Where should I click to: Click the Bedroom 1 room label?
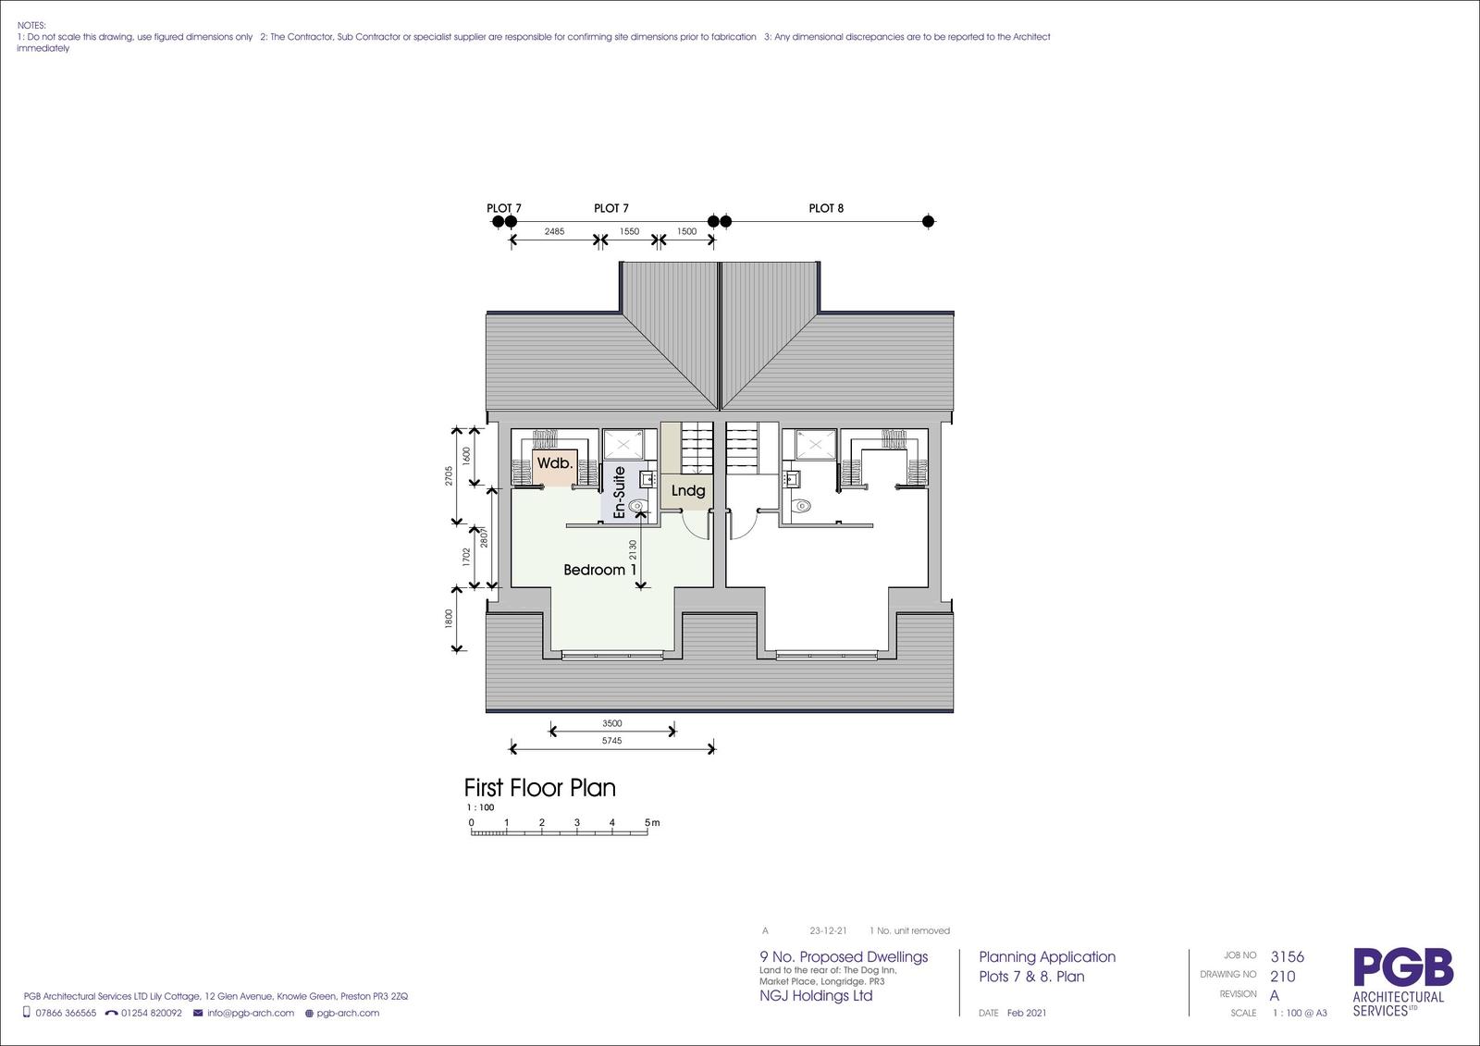[x=600, y=570]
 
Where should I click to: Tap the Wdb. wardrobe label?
[x=554, y=463]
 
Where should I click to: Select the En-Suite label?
[x=619, y=492]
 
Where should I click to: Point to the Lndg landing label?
[x=688, y=491]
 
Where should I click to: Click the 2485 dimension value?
[x=554, y=231]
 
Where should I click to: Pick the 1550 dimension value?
[x=629, y=231]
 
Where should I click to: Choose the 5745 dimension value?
[x=611, y=741]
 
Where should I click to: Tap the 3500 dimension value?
[x=611, y=723]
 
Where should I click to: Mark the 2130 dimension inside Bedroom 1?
[x=633, y=549]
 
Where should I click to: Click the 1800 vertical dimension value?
[x=449, y=619]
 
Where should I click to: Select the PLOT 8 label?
[x=826, y=208]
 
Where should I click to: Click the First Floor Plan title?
[x=540, y=788]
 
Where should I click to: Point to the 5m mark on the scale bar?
[x=652, y=823]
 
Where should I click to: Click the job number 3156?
[x=1287, y=957]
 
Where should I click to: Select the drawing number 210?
[x=1282, y=977]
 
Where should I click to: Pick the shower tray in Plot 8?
[x=816, y=444]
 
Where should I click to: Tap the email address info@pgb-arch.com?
[x=251, y=1013]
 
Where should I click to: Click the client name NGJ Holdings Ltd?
[x=816, y=996]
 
